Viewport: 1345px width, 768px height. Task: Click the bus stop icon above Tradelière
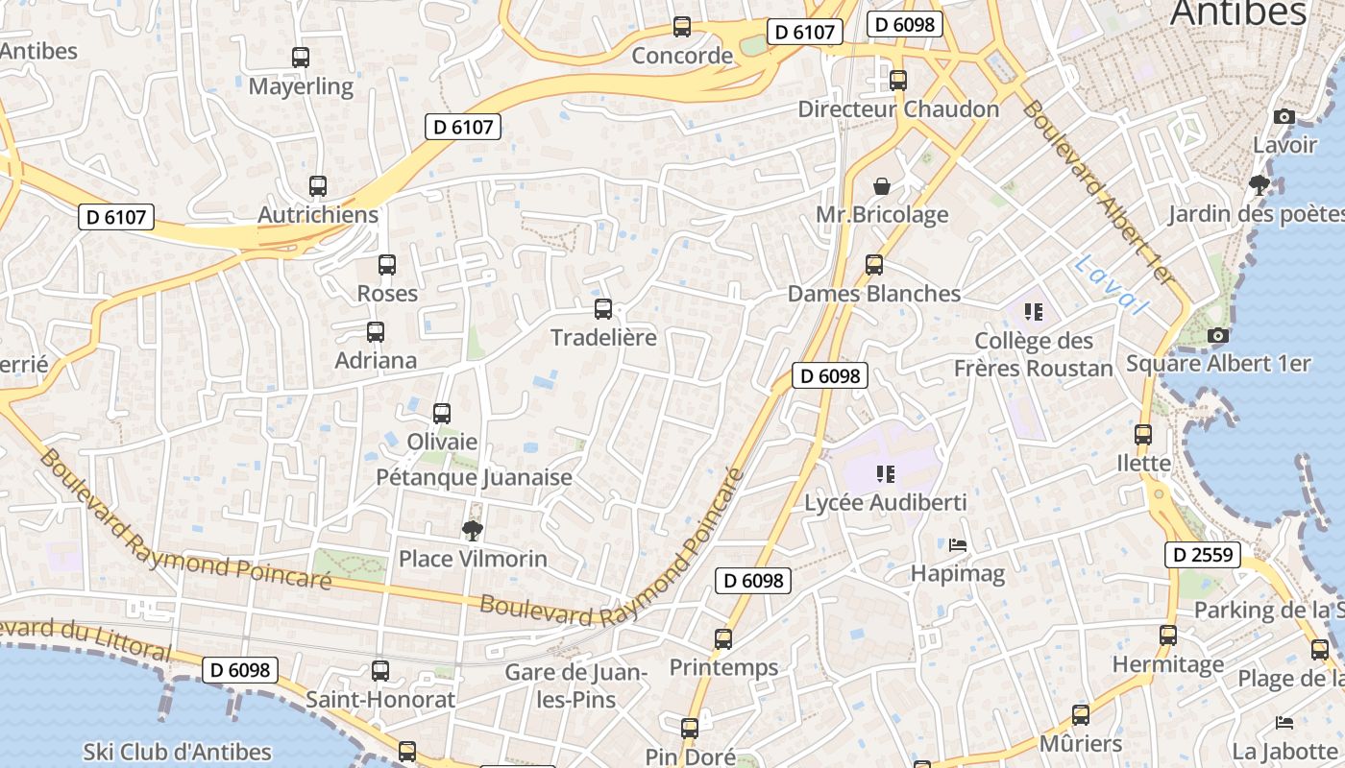click(x=603, y=309)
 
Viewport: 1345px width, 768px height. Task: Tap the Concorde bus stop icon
click(x=682, y=27)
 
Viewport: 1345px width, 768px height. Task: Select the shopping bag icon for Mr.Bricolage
click(x=881, y=186)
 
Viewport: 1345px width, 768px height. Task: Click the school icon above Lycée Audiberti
click(x=886, y=473)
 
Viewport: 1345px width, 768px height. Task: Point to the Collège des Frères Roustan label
click(x=1034, y=354)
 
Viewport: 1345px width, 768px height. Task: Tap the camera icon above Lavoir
click(x=1284, y=117)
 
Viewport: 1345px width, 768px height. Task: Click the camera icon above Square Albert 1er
click(x=1217, y=335)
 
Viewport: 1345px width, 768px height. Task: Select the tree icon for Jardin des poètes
click(x=1259, y=185)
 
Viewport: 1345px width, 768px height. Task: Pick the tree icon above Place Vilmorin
click(x=472, y=530)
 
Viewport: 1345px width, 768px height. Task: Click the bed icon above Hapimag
click(x=958, y=545)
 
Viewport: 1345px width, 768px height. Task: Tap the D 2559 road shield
click(x=1202, y=554)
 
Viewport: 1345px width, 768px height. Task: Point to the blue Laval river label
click(x=1112, y=285)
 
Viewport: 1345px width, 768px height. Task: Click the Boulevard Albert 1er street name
click(x=1098, y=192)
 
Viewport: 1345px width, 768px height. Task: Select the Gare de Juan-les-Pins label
click(x=575, y=685)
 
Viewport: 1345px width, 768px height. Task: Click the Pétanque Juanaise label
click(x=474, y=477)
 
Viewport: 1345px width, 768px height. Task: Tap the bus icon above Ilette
click(x=1143, y=435)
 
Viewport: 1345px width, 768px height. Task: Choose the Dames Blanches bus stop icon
click(x=874, y=265)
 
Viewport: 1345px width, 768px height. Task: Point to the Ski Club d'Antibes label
click(x=178, y=752)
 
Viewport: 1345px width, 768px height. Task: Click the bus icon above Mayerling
click(x=301, y=58)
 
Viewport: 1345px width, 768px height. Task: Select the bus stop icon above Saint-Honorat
click(x=380, y=671)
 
